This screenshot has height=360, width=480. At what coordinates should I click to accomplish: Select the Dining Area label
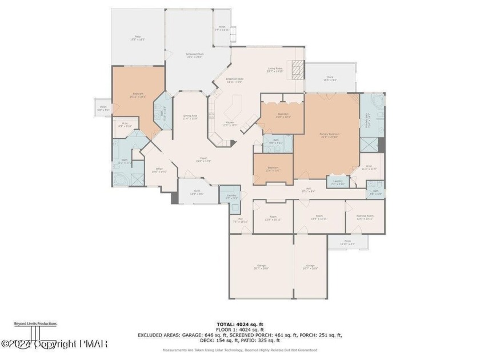pos(190,117)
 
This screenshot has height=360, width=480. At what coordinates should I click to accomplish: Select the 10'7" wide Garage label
pos(310,267)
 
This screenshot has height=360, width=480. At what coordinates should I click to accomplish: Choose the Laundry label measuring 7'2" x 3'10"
pos(338,183)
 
